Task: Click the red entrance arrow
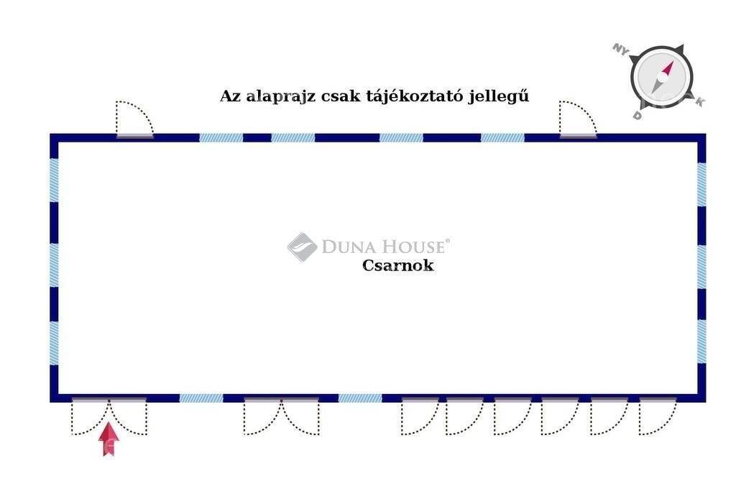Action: coord(109,439)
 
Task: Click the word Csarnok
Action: coord(397,265)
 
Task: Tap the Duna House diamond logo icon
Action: coord(303,247)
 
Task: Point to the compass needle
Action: coord(662,77)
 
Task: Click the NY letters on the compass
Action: coord(620,50)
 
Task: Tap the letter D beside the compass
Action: coord(637,115)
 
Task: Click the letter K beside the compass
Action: coord(699,102)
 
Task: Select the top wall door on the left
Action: coord(134,119)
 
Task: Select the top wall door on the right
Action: coord(578,119)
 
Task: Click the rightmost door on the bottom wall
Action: coord(657,416)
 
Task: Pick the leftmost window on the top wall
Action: coord(221,137)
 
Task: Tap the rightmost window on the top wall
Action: coord(502,137)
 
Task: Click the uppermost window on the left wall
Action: coord(54,180)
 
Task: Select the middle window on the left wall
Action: coord(54,265)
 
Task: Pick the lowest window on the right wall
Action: coord(701,342)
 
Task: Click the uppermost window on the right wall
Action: coord(701,185)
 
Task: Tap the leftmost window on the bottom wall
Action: coord(201,398)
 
